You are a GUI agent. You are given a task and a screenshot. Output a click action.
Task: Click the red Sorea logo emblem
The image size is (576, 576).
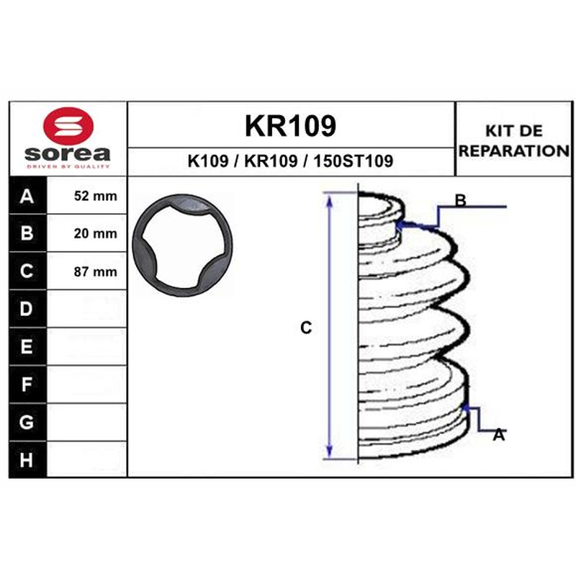pyautogui.click(x=68, y=126)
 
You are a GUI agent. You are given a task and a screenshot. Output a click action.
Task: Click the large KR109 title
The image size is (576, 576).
pyautogui.click(x=290, y=125)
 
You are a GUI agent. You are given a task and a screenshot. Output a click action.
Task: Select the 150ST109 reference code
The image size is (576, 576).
pyautogui.click(x=353, y=161)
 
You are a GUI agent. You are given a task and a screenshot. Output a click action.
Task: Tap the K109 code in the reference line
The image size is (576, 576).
pyautogui.click(x=208, y=161)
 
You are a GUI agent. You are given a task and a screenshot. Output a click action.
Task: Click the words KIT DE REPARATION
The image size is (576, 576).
pyautogui.click(x=514, y=141)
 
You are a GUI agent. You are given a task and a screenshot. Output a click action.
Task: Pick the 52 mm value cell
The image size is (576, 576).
pyautogui.click(x=87, y=195)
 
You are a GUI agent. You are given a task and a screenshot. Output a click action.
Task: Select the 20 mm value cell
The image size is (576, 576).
pyautogui.click(x=87, y=233)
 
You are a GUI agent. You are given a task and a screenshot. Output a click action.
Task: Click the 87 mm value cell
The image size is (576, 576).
pyautogui.click(x=87, y=271)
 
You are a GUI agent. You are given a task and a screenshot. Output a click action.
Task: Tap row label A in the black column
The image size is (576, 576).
pyautogui.click(x=27, y=197)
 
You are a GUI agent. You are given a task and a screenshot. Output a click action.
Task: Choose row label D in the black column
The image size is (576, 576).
pyautogui.click(x=27, y=309)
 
